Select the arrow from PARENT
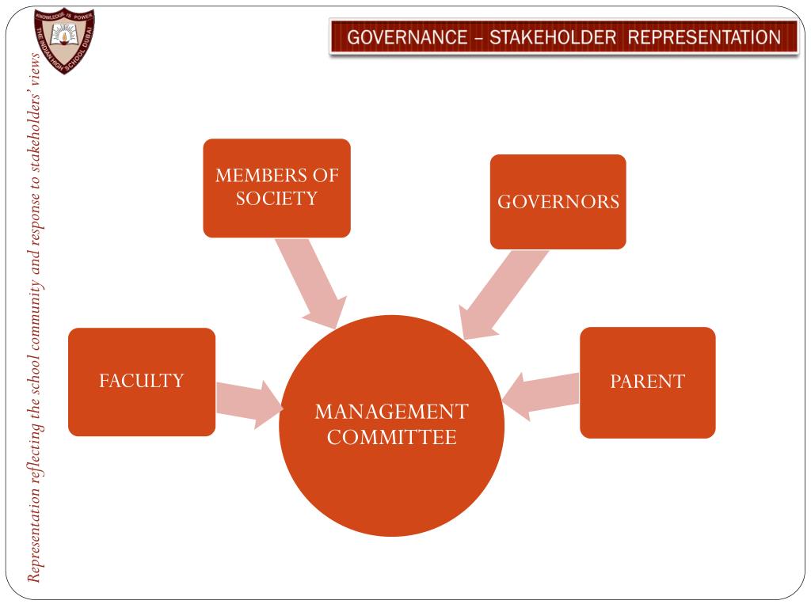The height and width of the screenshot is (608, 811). (x=540, y=394)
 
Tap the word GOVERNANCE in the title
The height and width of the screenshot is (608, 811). (x=406, y=37)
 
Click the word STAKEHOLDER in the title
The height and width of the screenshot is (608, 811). (x=552, y=37)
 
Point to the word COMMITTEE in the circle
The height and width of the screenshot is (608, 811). (x=391, y=437)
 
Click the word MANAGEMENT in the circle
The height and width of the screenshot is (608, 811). (x=391, y=412)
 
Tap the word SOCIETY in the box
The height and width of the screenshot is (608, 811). (x=276, y=198)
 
